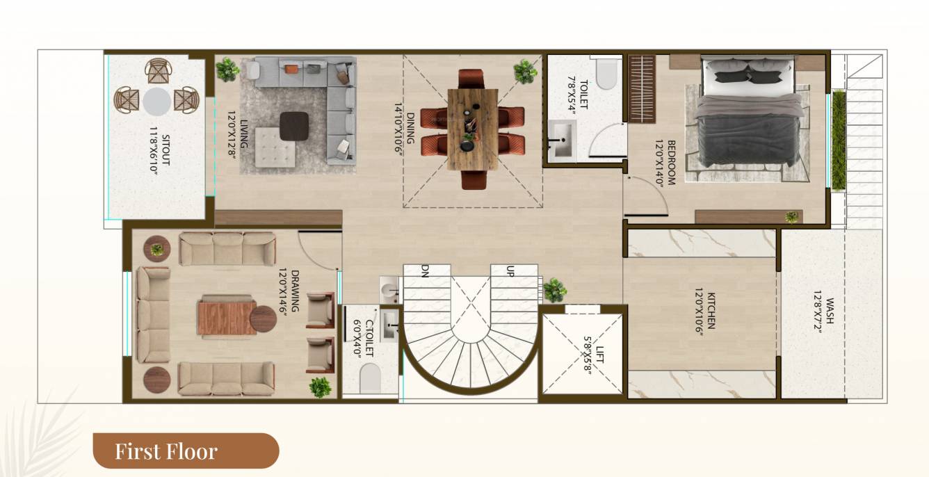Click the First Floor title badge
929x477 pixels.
click(x=186, y=451)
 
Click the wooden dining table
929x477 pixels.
click(x=473, y=129)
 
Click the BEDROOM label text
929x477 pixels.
click(x=672, y=163)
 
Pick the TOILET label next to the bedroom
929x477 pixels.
click(x=583, y=93)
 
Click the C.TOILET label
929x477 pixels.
click(x=370, y=338)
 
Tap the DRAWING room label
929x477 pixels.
click(x=295, y=290)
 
